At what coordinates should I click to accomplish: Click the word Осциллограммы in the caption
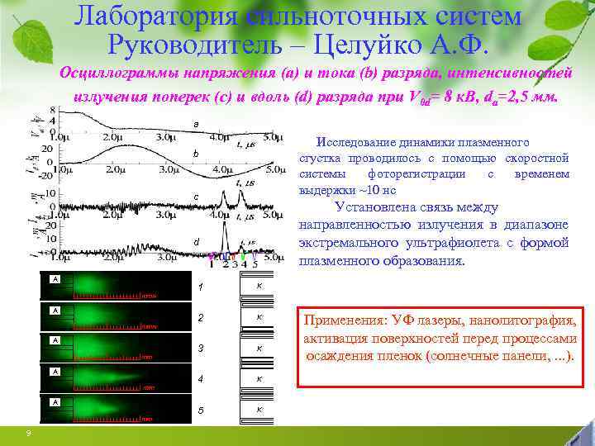tap(112, 74)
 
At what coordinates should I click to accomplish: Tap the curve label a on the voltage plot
tap(195, 124)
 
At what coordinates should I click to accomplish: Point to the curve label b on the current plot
tap(195, 154)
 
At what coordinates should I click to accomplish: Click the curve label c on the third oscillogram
tap(195, 197)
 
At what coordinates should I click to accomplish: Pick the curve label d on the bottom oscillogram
tap(195, 241)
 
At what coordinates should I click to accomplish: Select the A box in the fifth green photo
tap(55, 401)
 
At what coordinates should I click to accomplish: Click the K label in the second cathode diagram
tap(259, 316)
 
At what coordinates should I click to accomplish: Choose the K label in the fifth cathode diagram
tap(259, 410)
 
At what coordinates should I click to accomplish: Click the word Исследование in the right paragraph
tap(354, 141)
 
